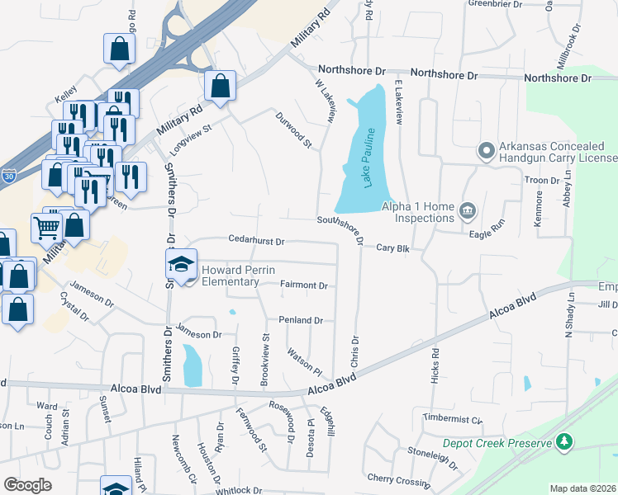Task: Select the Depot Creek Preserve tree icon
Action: pyautogui.click(x=565, y=442)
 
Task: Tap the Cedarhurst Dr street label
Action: pyautogui.click(x=256, y=242)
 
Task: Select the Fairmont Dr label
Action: pyautogui.click(x=304, y=285)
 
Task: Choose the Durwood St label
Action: pyautogui.click(x=294, y=130)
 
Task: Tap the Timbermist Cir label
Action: pyautogui.click(x=452, y=419)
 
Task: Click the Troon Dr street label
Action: pyautogui.click(x=541, y=180)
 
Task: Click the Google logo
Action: pyautogui.click(x=27, y=485)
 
